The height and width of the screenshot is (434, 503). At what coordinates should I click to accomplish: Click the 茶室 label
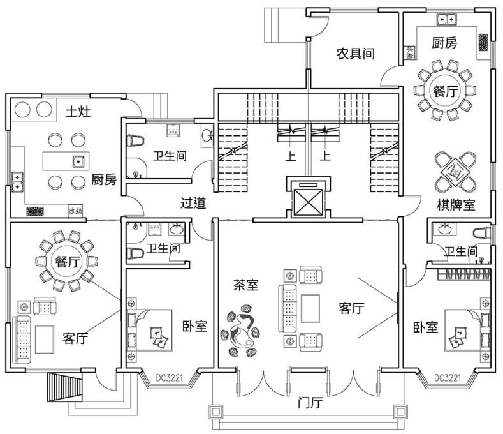[245, 286]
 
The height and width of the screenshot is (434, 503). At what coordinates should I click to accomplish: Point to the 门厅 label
[310, 403]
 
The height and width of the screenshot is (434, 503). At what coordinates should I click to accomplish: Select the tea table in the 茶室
[242, 328]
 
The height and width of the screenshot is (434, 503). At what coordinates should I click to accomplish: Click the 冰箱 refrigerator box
[75, 211]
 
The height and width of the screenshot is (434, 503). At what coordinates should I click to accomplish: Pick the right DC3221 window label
[448, 378]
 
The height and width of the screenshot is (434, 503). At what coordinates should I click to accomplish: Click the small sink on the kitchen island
[78, 161]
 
